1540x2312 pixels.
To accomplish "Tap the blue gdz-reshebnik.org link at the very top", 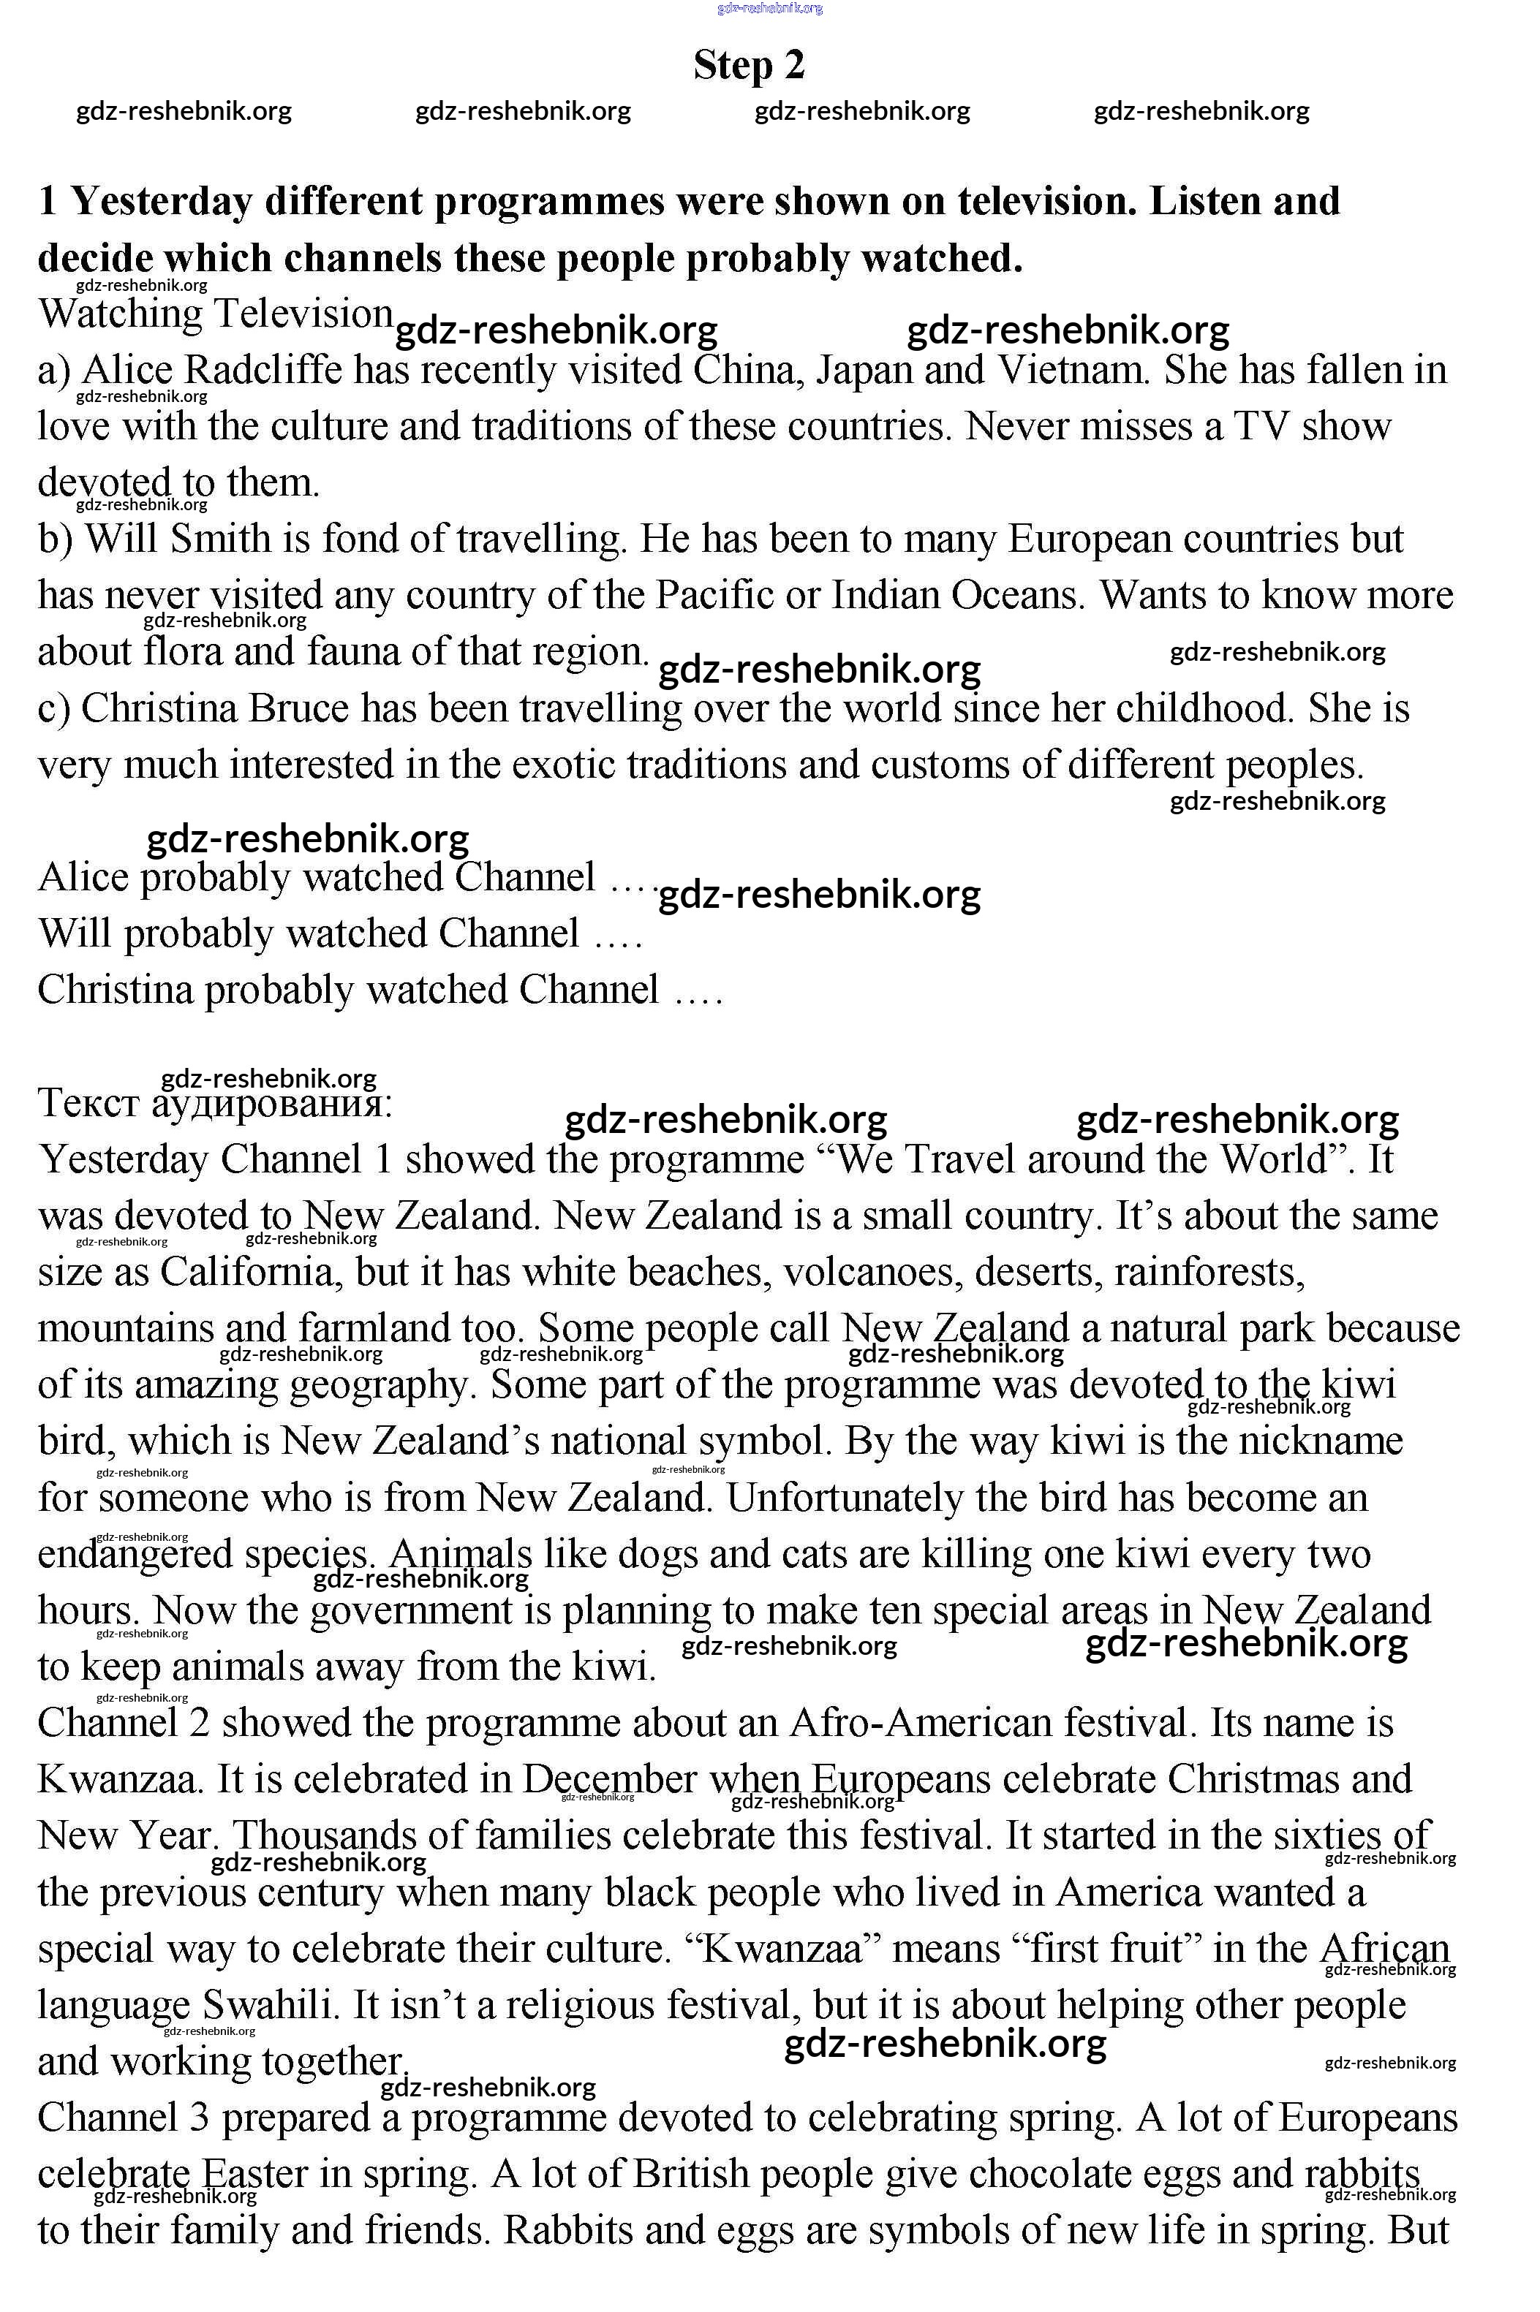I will (770, 8).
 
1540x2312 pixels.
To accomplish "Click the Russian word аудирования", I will (272, 1104).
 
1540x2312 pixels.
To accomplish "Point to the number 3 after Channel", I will (200, 2118).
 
